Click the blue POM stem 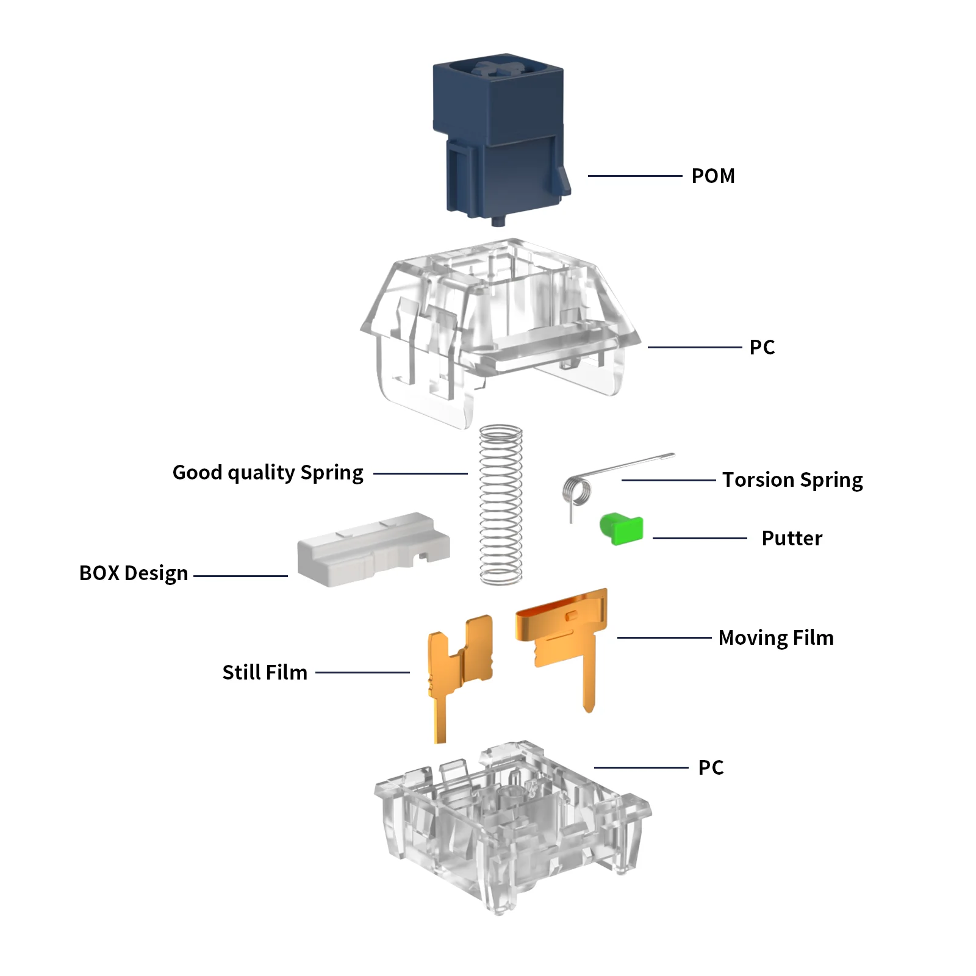500,137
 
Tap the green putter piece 622,528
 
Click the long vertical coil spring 501,505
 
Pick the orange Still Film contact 460,671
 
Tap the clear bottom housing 512,827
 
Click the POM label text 713,176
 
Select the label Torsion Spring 792,480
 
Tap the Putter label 792,538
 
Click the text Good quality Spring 268,473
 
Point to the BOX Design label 134,573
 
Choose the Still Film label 265,672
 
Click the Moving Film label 776,637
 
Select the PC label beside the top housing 762,347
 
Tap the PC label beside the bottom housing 711,767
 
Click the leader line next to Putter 700,538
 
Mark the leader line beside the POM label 635,176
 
